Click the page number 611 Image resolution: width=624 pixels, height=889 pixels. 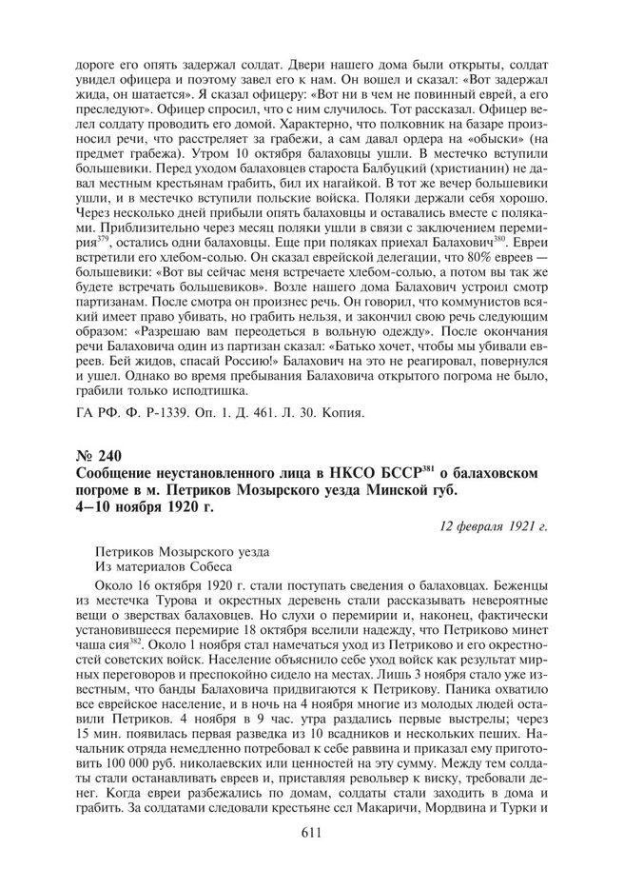coord(311,832)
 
